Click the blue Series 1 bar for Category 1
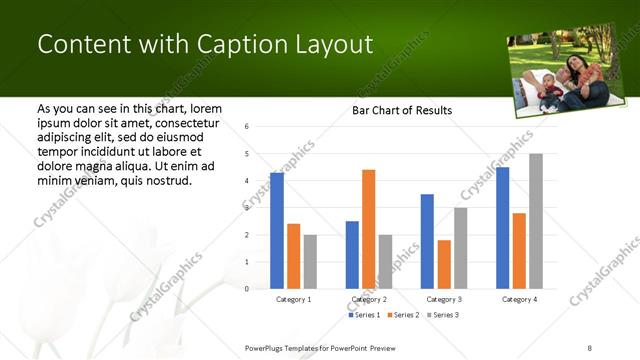click(x=277, y=231)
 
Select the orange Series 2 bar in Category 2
click(x=368, y=229)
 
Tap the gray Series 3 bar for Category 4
click(x=536, y=221)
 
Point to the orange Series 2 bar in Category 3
click(x=444, y=264)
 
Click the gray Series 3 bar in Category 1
click(x=310, y=261)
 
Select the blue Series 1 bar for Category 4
click(x=502, y=228)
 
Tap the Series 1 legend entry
click(x=365, y=315)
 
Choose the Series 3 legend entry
click(x=442, y=315)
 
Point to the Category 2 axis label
click(x=368, y=299)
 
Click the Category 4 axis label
click(x=518, y=299)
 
